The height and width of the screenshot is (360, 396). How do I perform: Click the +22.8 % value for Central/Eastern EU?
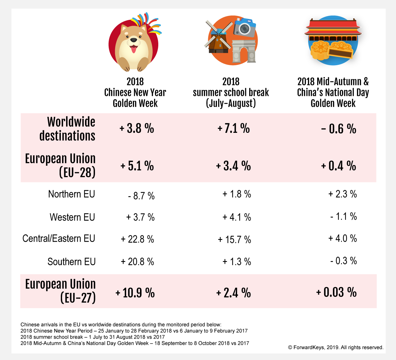[137, 239]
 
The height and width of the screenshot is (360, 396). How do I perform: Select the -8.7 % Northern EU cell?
[141, 196]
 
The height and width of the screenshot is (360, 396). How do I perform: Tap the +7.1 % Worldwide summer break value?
[234, 128]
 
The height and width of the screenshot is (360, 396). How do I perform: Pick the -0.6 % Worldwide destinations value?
[339, 129]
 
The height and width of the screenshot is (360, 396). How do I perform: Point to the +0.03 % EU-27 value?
[336, 292]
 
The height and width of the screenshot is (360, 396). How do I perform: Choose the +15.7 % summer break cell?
[234, 240]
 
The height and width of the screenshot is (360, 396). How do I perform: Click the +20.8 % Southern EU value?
[137, 262]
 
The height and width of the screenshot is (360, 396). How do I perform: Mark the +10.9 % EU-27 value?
[135, 293]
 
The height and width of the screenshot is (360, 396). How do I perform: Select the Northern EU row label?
[71, 194]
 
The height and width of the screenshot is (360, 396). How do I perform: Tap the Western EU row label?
[72, 217]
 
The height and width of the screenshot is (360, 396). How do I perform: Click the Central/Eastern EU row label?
[59, 238]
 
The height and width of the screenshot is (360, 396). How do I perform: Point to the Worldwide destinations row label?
[67, 129]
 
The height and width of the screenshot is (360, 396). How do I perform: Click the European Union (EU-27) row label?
[61, 291]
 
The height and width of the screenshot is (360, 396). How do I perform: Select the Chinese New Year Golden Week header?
[135, 92]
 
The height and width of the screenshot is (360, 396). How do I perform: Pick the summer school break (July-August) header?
[231, 92]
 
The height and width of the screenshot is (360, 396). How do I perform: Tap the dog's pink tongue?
[133, 49]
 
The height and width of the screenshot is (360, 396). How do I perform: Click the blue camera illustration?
[245, 27]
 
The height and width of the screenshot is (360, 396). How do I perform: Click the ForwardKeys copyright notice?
[336, 348]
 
